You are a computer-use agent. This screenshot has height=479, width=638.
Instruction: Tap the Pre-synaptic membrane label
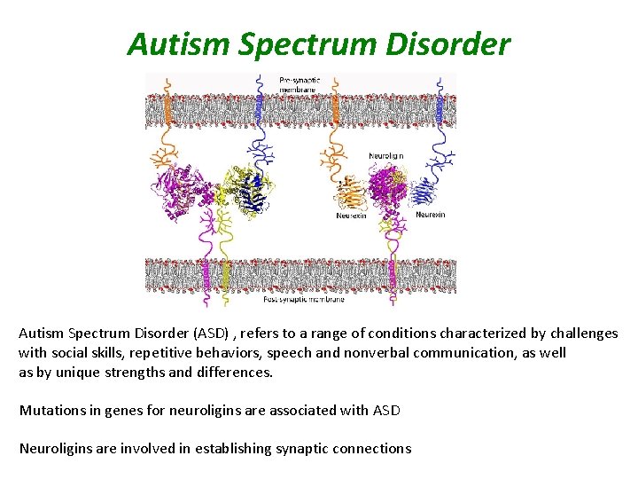coord(299,83)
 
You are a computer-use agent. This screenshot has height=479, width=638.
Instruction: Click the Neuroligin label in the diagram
coord(385,156)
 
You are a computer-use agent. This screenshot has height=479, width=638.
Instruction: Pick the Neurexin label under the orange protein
coord(351,216)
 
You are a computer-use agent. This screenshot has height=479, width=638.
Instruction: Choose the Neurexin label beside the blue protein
coord(431,215)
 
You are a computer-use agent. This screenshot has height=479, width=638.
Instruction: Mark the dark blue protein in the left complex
coord(255,192)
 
